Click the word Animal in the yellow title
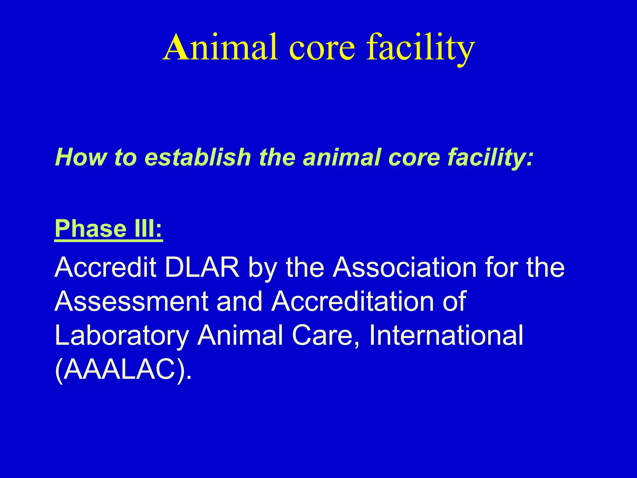(x=220, y=47)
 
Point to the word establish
(x=198, y=157)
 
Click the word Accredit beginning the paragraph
(x=105, y=267)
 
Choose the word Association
(x=404, y=267)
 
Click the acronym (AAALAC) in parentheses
(x=123, y=370)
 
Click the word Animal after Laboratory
(x=240, y=335)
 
